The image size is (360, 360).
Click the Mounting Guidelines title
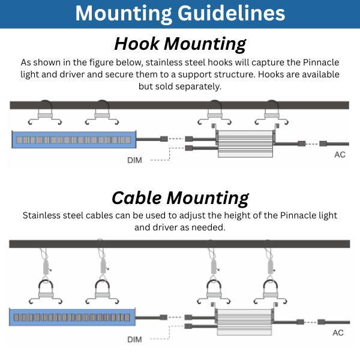click(x=180, y=13)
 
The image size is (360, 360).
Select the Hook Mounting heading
click(x=180, y=44)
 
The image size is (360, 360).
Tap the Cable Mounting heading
click(x=180, y=197)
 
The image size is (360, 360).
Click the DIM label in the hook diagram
click(x=134, y=160)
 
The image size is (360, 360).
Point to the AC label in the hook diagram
click(x=340, y=155)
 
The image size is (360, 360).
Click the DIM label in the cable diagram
click(x=134, y=340)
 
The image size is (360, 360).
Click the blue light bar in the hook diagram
click(x=74, y=140)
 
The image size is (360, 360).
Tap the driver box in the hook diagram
click(x=245, y=144)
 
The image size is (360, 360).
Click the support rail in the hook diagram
click(x=180, y=104)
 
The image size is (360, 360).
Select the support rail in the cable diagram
click(x=180, y=243)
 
